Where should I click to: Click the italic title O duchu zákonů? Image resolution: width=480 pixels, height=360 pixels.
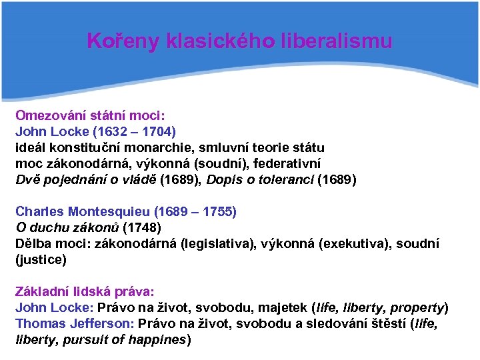(x=67, y=227)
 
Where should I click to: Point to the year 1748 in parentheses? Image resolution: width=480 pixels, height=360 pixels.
(x=141, y=227)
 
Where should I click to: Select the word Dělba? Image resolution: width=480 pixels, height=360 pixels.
(x=34, y=244)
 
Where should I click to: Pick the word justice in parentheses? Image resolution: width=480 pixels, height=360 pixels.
(x=41, y=260)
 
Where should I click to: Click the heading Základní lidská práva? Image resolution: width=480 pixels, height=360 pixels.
(x=85, y=292)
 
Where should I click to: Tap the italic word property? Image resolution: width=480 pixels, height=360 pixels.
(x=417, y=308)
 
